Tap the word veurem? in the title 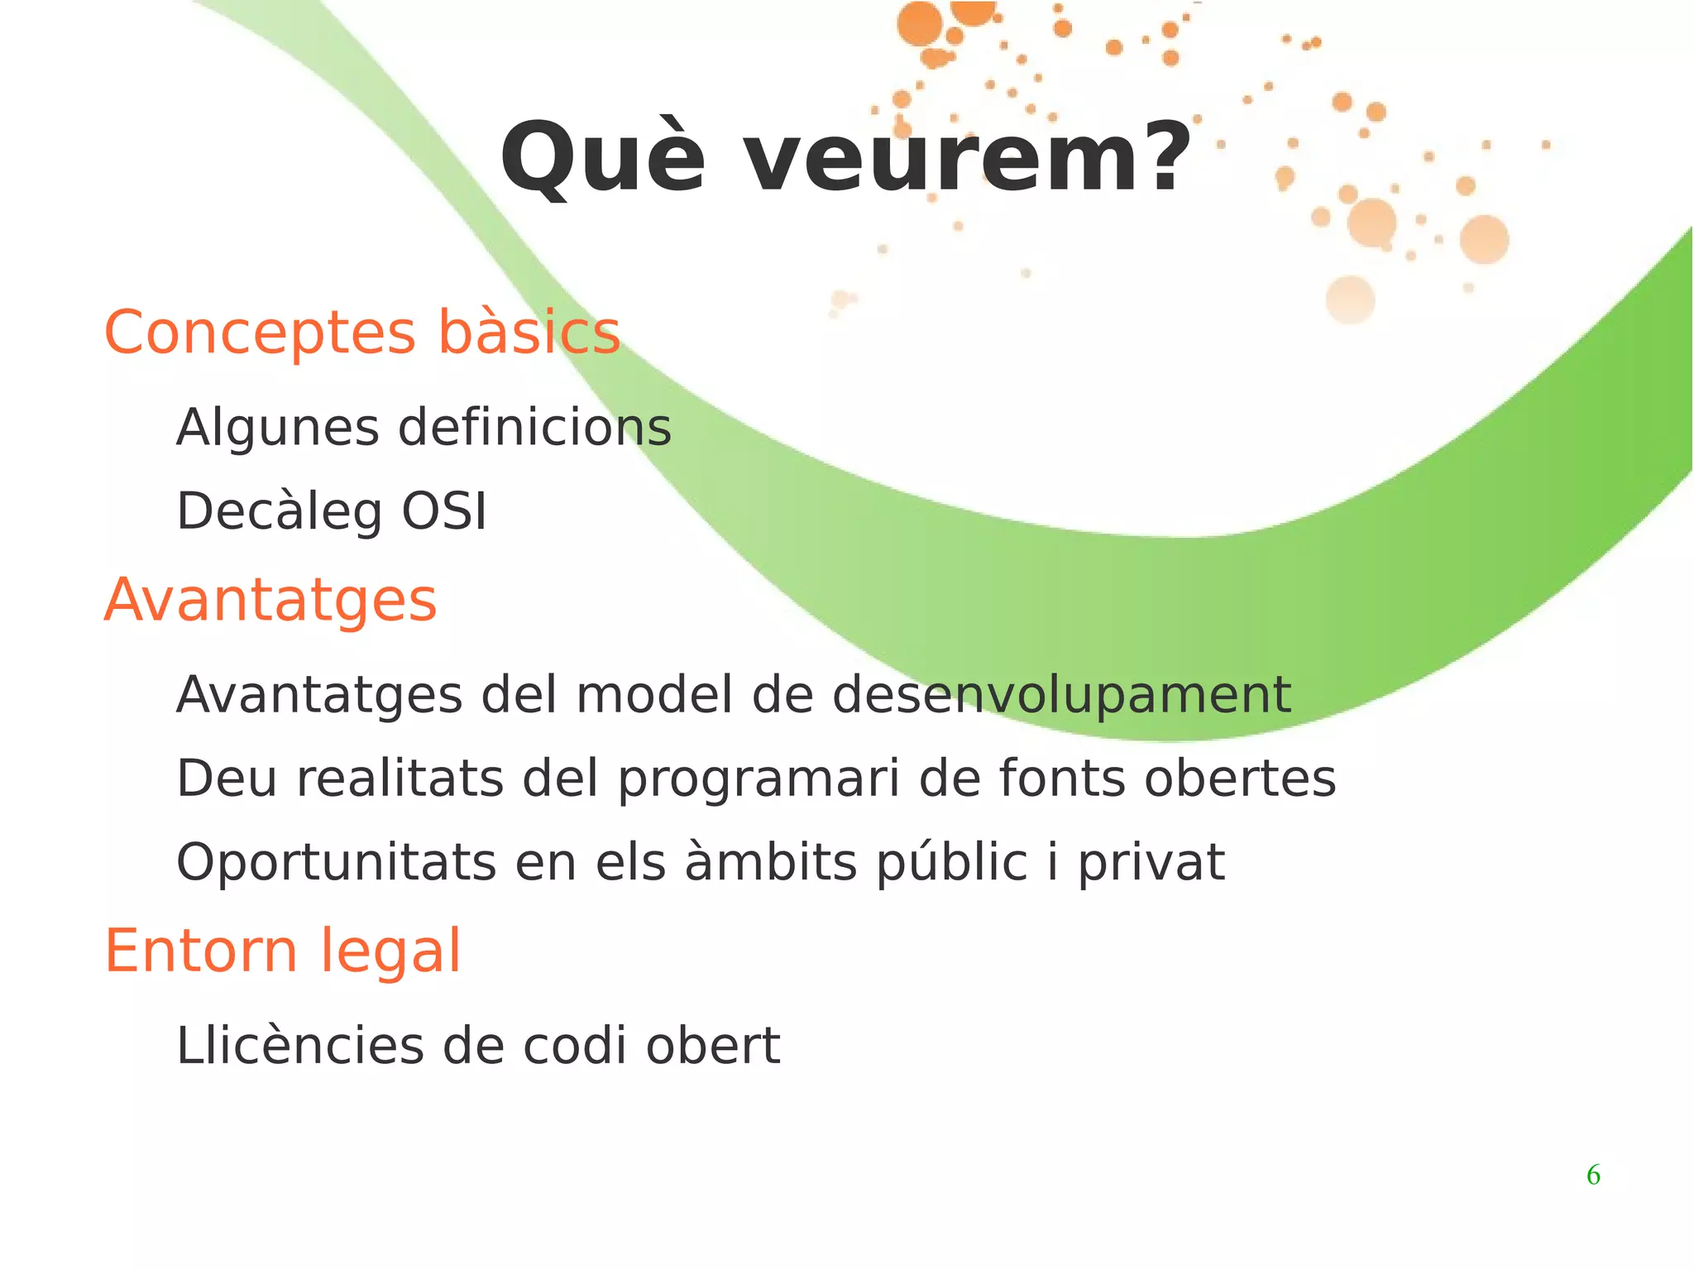point(969,157)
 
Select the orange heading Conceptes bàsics point(361,333)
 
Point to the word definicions point(534,429)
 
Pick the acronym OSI point(444,511)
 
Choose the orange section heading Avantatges point(270,600)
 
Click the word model point(654,694)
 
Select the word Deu point(226,779)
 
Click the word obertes point(1240,779)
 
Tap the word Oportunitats point(336,863)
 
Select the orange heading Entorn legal point(282,951)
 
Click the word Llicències point(299,1046)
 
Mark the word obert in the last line point(713,1046)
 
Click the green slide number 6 point(1593,1175)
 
